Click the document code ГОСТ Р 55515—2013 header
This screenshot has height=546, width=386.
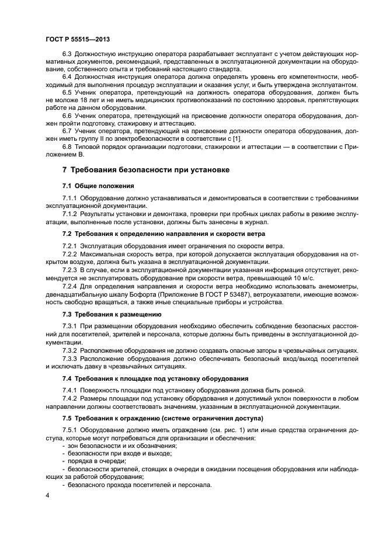(77, 39)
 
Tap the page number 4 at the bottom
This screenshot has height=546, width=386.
(47, 495)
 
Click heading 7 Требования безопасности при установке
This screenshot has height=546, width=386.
(146, 170)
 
